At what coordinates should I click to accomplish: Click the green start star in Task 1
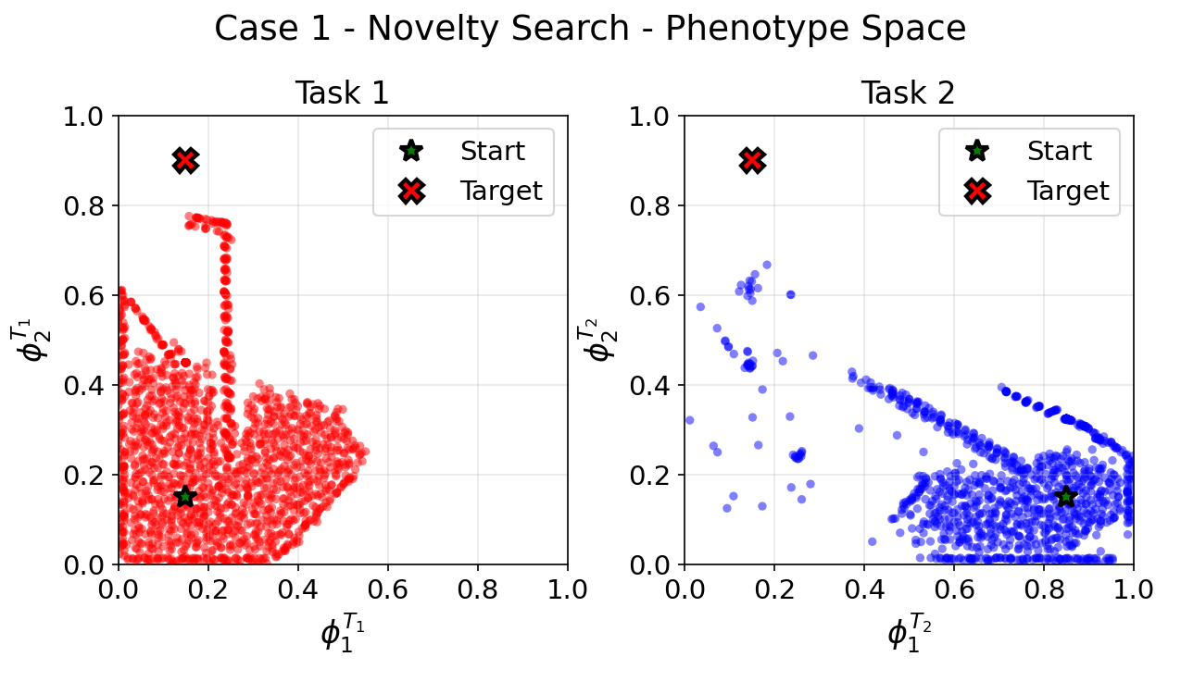185,496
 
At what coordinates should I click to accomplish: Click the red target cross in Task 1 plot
185,161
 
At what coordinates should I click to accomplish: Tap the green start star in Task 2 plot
1066,496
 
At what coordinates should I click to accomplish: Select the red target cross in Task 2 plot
752,161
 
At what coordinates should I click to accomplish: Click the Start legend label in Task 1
493,151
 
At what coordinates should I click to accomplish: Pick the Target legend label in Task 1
501,191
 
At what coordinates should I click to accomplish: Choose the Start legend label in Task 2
1060,151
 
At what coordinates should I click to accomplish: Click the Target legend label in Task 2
1068,191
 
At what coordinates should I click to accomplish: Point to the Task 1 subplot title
342,93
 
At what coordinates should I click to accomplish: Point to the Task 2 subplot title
908,93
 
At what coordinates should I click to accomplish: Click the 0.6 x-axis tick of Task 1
388,589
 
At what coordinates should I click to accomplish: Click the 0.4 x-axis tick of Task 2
864,589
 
